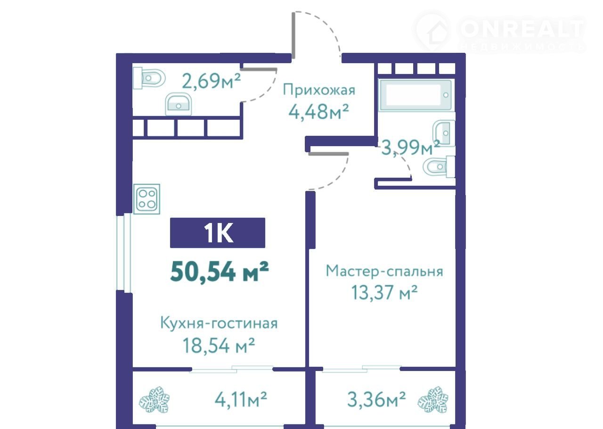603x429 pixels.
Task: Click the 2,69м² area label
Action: (212, 81)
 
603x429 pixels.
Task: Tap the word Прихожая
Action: (319, 90)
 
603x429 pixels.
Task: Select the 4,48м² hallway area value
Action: (319, 112)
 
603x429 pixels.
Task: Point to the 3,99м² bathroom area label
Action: (411, 148)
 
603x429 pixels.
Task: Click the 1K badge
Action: (218, 233)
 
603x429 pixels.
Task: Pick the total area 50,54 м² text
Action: (220, 272)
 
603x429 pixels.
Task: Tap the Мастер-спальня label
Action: (384, 271)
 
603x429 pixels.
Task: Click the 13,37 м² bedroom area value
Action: (384, 292)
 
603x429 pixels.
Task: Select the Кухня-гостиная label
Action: (219, 323)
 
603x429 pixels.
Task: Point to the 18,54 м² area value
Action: (219, 346)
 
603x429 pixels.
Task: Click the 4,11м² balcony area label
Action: (241, 400)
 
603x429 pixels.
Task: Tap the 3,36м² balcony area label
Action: (376, 399)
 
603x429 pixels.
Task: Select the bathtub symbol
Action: (415, 95)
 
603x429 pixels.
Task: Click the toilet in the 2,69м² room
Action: (149, 78)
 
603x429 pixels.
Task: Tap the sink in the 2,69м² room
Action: (178, 104)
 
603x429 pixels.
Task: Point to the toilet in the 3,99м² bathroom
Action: (439, 167)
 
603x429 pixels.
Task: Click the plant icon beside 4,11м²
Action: (154, 400)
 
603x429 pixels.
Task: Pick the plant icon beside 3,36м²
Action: (433, 400)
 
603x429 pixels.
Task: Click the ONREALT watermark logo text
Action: (522, 29)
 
